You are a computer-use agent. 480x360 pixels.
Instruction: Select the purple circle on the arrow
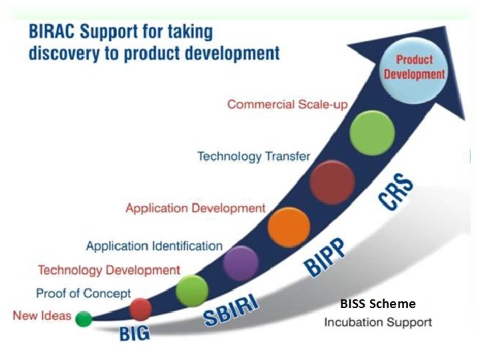click(241, 262)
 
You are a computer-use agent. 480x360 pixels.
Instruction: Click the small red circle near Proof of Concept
click(141, 309)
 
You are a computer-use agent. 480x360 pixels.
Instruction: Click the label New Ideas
click(41, 315)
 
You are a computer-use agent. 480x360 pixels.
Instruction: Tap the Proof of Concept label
click(83, 293)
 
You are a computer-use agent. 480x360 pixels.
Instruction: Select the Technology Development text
click(109, 270)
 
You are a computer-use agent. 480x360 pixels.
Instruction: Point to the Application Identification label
click(154, 246)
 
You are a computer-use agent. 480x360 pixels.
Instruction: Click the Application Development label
click(195, 208)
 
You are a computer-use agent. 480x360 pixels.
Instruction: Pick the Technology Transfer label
click(253, 157)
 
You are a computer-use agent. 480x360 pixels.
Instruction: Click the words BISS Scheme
click(377, 304)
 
